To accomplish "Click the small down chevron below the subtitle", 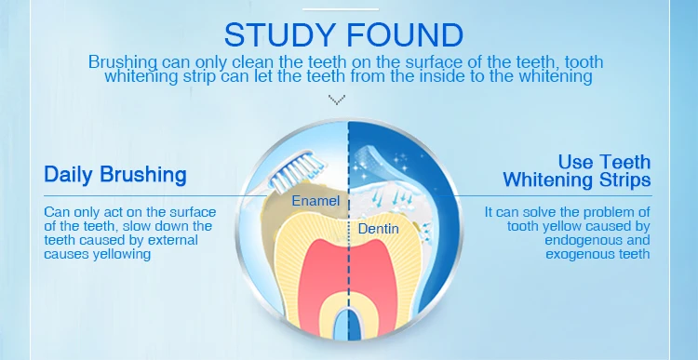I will [x=338, y=98].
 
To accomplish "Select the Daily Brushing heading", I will [x=115, y=174].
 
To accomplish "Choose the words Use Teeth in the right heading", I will [x=604, y=162].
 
